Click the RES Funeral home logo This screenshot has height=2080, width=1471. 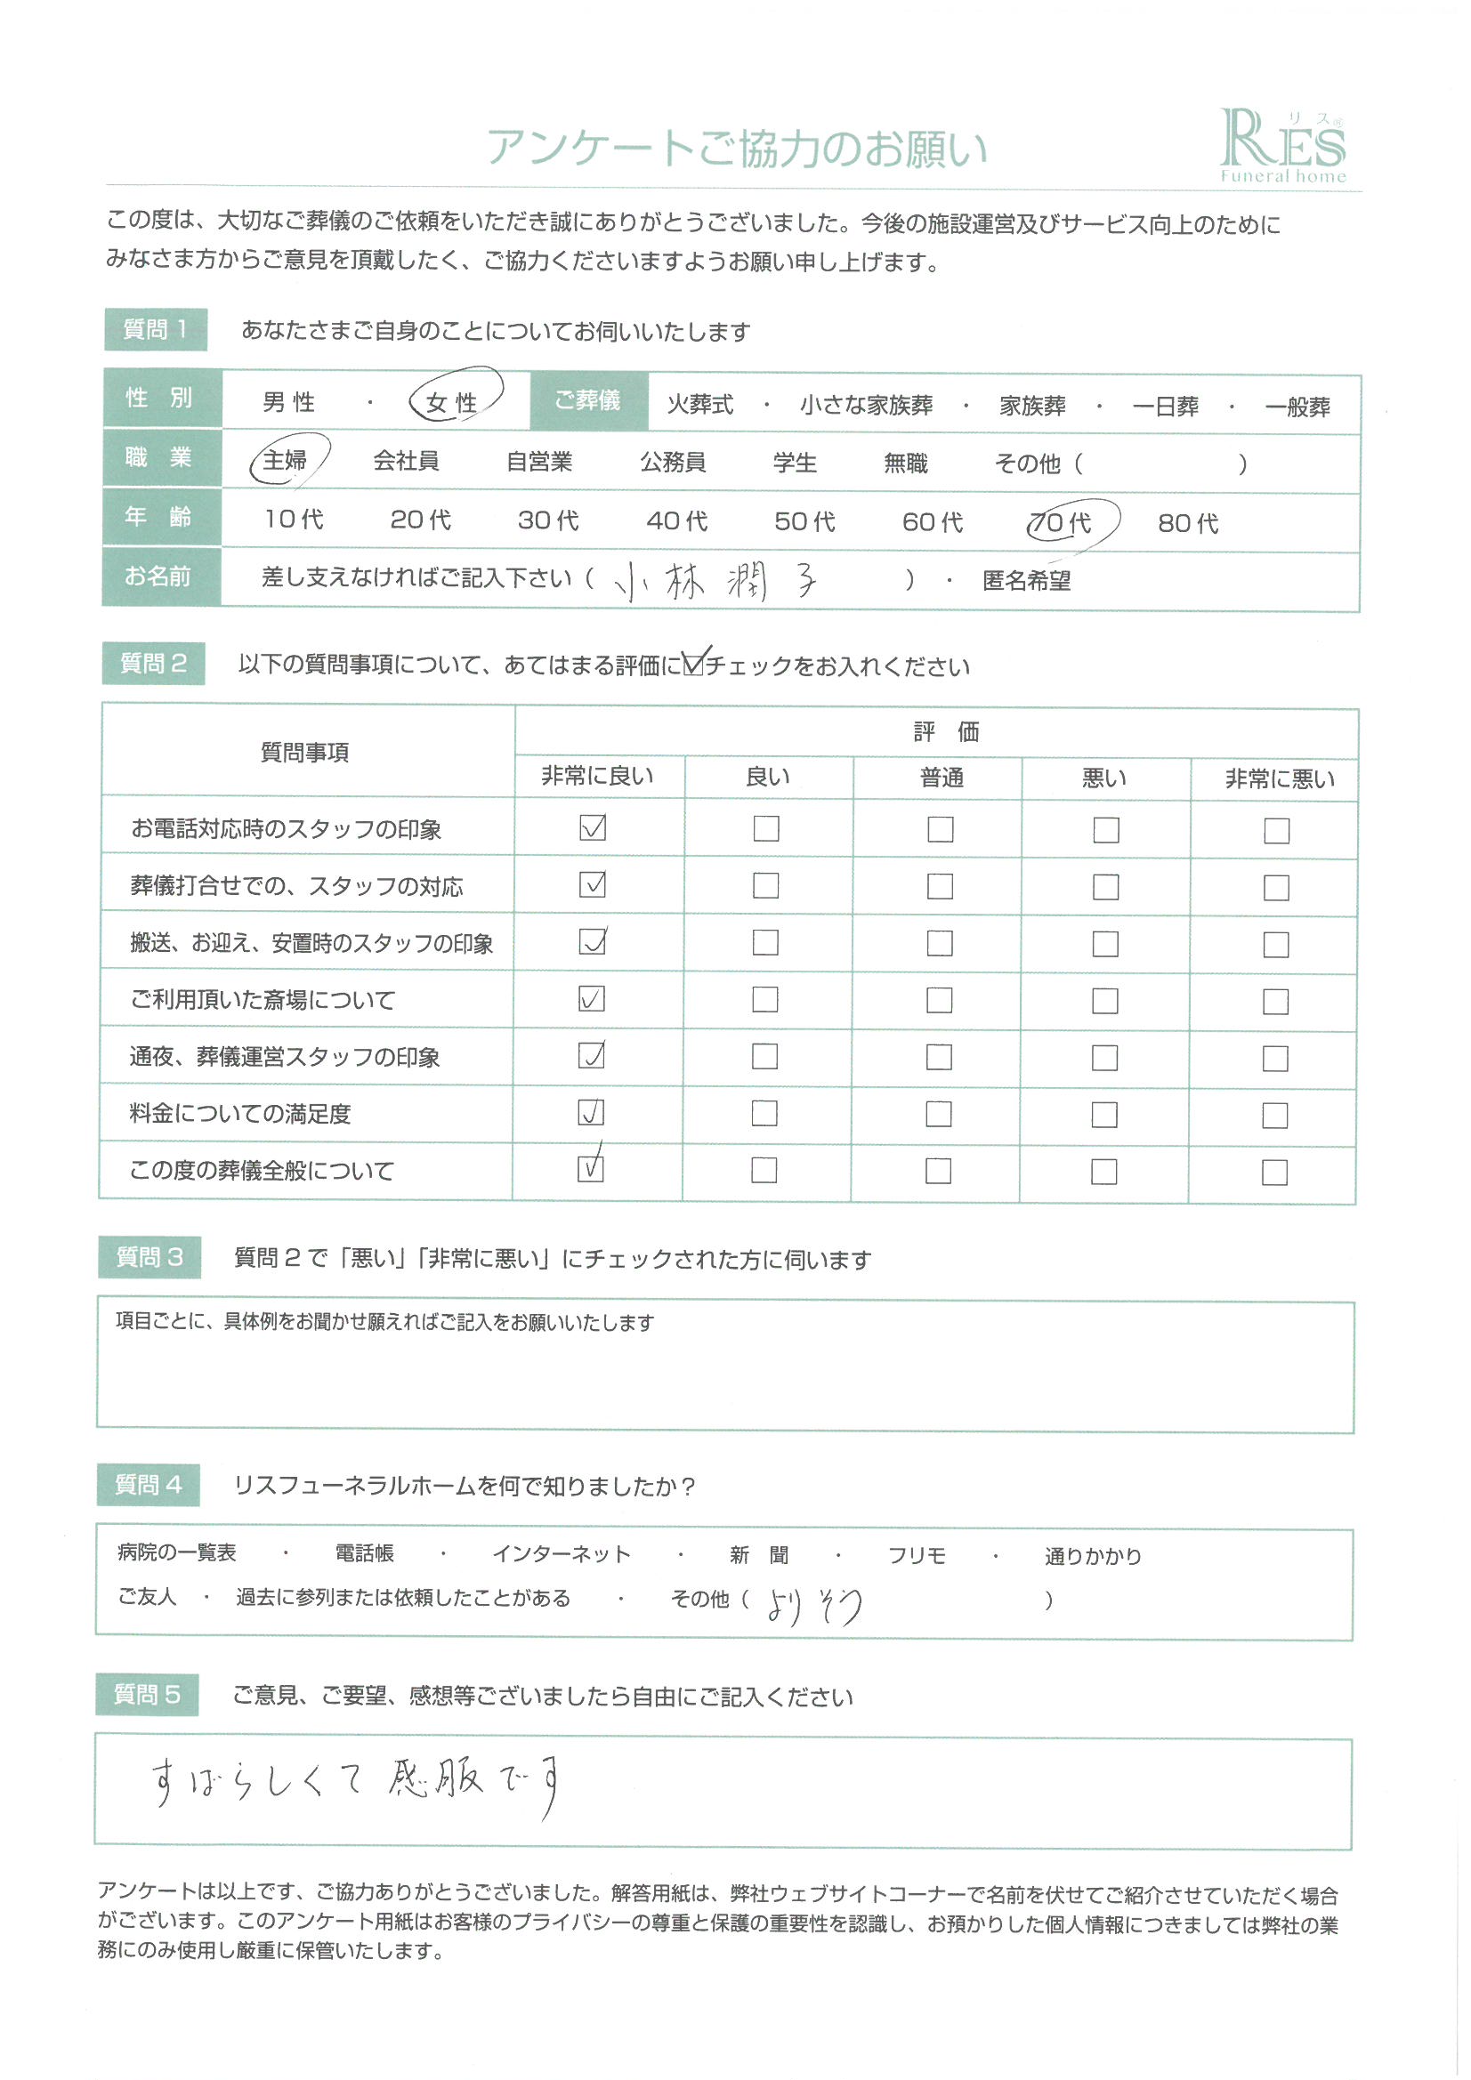point(1281,145)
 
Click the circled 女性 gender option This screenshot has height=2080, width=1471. point(452,401)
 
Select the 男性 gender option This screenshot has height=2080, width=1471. point(288,401)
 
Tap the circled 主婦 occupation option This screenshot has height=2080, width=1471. point(286,460)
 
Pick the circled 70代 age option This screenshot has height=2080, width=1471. point(1061,522)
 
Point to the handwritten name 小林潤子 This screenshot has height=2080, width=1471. point(716,580)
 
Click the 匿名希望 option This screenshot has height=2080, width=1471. point(1026,581)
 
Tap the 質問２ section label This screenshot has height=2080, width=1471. point(153,663)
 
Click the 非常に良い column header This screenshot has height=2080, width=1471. point(597,777)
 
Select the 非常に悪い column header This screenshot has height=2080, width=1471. point(1279,779)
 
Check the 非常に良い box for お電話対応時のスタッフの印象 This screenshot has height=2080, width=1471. point(593,827)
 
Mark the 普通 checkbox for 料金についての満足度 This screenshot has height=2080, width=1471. point(938,1113)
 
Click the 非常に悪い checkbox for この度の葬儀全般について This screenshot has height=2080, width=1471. point(1273,1173)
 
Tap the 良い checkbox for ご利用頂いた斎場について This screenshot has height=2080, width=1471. point(765,999)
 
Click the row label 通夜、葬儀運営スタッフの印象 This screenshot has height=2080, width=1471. point(285,1056)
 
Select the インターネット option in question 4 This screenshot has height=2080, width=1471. point(561,1554)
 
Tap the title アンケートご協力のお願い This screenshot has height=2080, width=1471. point(736,148)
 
